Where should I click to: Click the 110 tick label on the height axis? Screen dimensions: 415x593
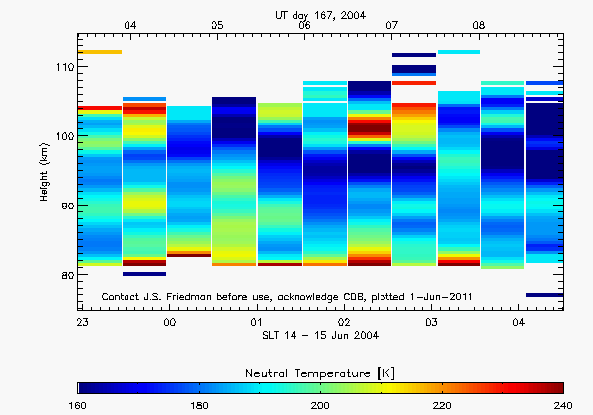61,67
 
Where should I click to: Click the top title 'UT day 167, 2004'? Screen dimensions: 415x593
322,14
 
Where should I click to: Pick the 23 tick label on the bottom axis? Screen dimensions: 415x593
83,323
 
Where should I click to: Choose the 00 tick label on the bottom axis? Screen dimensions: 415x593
170,323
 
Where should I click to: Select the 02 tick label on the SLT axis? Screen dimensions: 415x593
344,323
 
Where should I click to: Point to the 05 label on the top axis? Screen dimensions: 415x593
217,24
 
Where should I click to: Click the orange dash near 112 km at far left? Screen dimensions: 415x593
101,52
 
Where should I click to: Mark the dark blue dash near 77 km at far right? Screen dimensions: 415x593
545,295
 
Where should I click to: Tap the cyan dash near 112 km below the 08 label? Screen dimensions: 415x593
459,52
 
